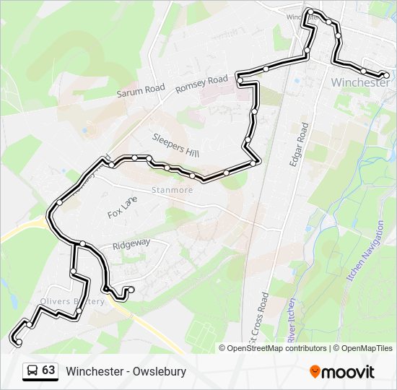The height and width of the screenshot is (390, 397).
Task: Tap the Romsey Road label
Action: pyautogui.click(x=201, y=84)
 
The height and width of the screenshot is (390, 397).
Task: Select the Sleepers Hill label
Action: pyautogui.click(x=175, y=144)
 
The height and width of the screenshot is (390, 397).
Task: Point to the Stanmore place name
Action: pyautogui.click(x=173, y=191)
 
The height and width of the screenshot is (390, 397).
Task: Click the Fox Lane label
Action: pyautogui.click(x=122, y=208)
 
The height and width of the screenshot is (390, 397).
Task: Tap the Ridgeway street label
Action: pyautogui.click(x=131, y=244)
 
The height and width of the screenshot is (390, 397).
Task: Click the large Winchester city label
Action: pyautogui.click(x=360, y=82)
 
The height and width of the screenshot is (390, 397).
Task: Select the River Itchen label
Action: pyautogui.click(x=289, y=318)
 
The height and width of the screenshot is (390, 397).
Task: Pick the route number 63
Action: pyautogui.click(x=48, y=370)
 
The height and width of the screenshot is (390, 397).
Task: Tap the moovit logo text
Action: pyautogui.click(x=349, y=372)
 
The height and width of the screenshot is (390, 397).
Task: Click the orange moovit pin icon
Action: pyautogui.click(x=315, y=371)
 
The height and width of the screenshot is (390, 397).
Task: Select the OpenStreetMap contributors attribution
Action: pyautogui.click(x=276, y=348)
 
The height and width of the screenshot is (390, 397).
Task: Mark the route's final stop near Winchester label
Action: pyautogui.click(x=386, y=75)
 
